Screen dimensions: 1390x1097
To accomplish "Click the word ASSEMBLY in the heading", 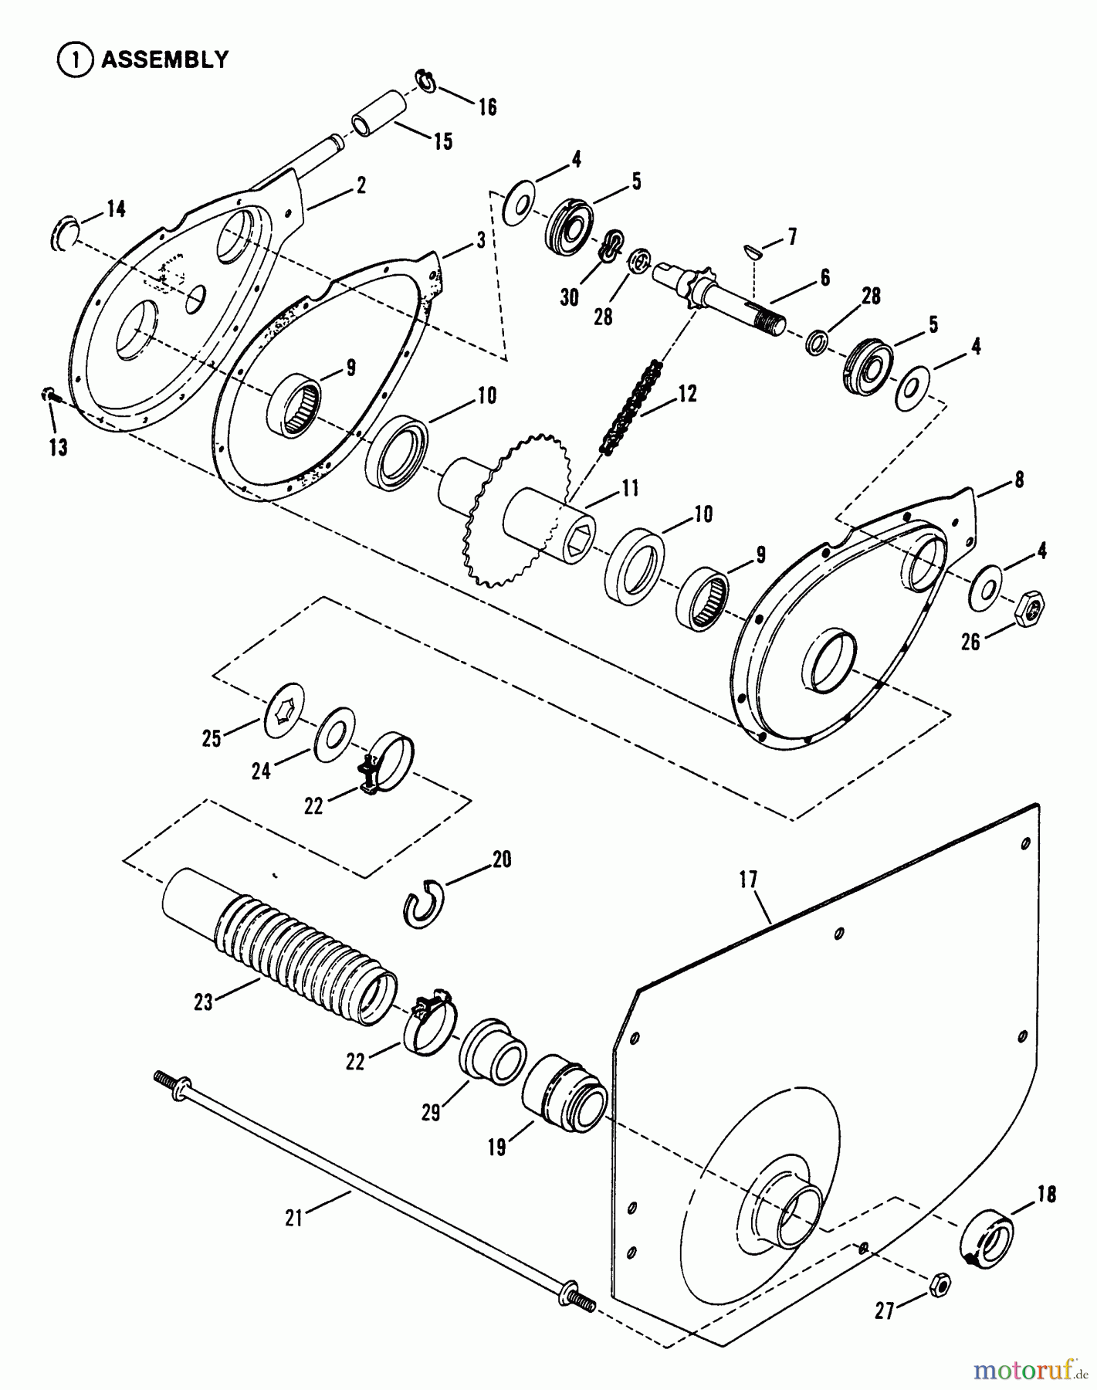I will [x=164, y=59].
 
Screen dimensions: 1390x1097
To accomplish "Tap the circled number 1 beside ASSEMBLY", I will [x=75, y=60].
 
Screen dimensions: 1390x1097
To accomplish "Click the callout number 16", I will [x=487, y=107].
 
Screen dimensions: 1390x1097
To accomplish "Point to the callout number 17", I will [x=748, y=880].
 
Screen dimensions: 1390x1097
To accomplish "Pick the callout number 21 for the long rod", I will [x=293, y=1217].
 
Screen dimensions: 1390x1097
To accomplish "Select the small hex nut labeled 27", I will [x=940, y=1283].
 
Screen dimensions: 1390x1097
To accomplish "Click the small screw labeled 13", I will [x=48, y=395].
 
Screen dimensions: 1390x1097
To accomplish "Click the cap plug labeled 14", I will [x=65, y=233].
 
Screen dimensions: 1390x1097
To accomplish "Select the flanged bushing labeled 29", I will [x=493, y=1051].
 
